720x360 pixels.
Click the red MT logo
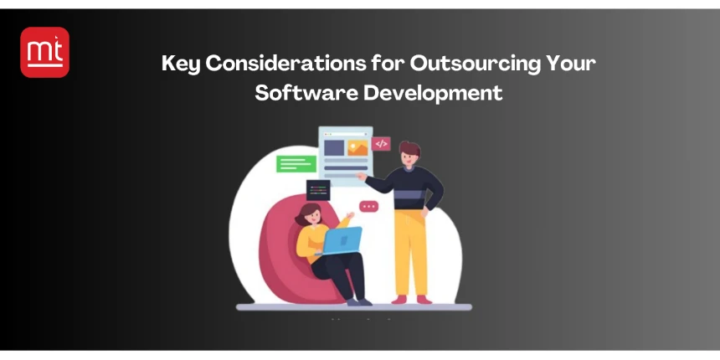(x=44, y=52)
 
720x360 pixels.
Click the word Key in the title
(x=181, y=64)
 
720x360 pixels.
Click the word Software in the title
(x=305, y=93)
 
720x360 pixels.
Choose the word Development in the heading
(x=433, y=93)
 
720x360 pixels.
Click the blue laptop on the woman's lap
(x=341, y=240)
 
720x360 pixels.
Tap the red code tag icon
(x=382, y=143)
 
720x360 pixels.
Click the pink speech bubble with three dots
(x=368, y=206)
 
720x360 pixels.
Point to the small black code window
(x=318, y=189)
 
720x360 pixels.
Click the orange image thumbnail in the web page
(x=358, y=148)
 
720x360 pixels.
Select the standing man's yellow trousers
(x=411, y=251)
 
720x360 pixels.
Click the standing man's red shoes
(x=410, y=298)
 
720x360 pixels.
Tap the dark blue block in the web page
(x=334, y=148)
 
